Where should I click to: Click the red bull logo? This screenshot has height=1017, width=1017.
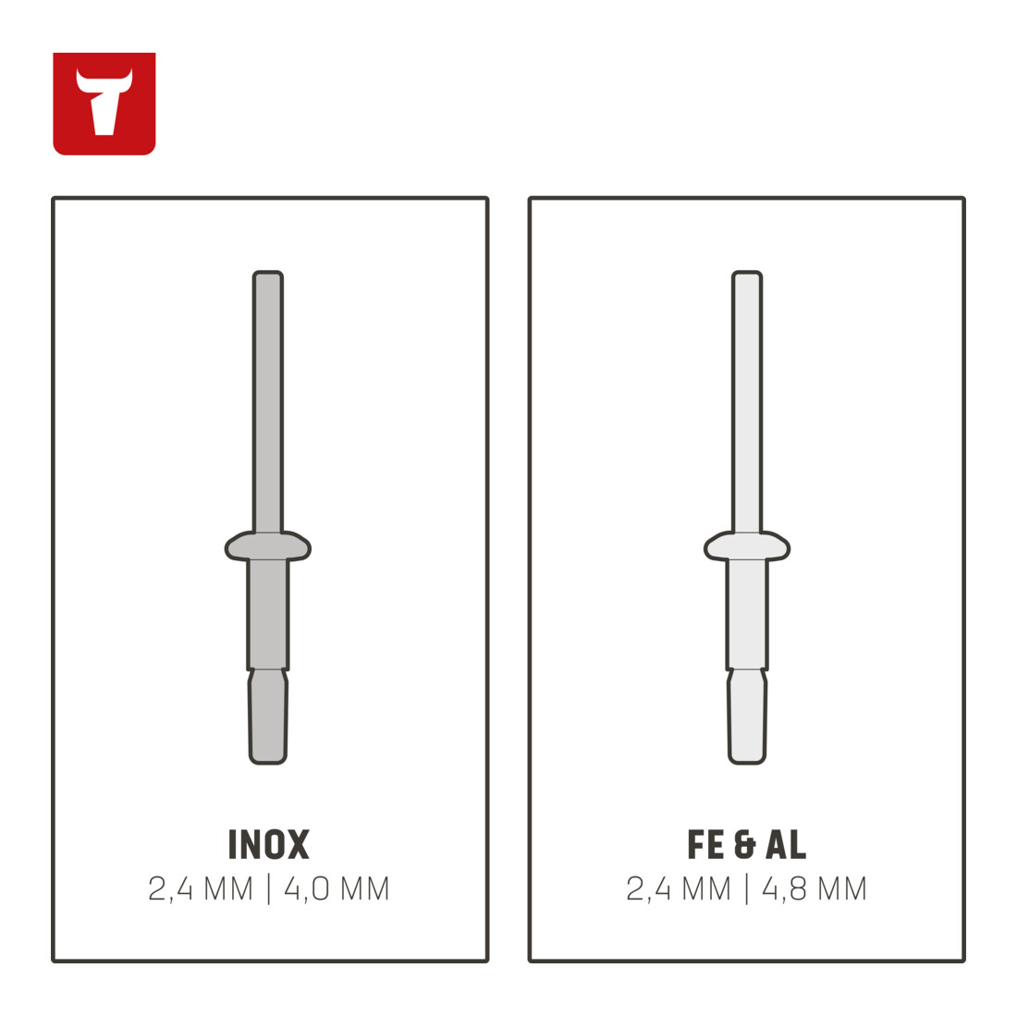[x=104, y=104]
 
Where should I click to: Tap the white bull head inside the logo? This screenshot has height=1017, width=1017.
[x=104, y=102]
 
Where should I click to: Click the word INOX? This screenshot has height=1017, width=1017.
[x=268, y=844]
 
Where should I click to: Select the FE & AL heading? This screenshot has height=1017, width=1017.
[x=746, y=844]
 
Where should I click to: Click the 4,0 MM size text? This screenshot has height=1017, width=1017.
[x=337, y=888]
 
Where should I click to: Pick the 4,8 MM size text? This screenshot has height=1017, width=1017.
[x=814, y=888]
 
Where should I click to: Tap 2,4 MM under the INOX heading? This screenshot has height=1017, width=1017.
[x=201, y=888]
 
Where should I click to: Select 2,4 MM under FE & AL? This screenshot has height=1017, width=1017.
[x=679, y=888]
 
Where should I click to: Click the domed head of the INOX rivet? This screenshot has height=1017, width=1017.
[x=268, y=546]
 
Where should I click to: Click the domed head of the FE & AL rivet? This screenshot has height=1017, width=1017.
[x=747, y=546]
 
